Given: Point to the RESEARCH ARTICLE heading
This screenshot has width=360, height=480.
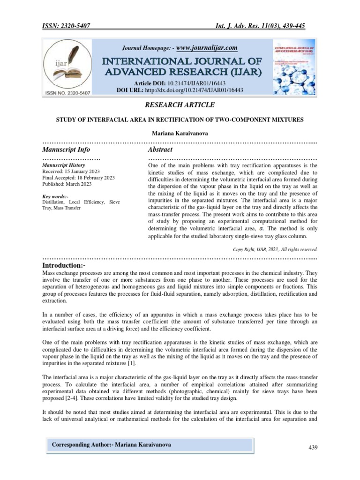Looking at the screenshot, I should click(180, 105).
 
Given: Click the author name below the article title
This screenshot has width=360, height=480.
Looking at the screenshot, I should click(180, 134).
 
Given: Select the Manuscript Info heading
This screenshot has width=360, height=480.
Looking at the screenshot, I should click(66, 150).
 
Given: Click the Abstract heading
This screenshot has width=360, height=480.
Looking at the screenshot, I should click(160, 150).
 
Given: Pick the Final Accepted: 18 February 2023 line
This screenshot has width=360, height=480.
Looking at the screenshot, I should click(78, 178).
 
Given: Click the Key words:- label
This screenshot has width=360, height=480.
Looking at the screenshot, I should click(55, 196).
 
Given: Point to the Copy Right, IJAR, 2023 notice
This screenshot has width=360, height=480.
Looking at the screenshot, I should click(275, 249).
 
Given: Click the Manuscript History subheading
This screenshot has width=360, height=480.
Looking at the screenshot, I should click(64, 165).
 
